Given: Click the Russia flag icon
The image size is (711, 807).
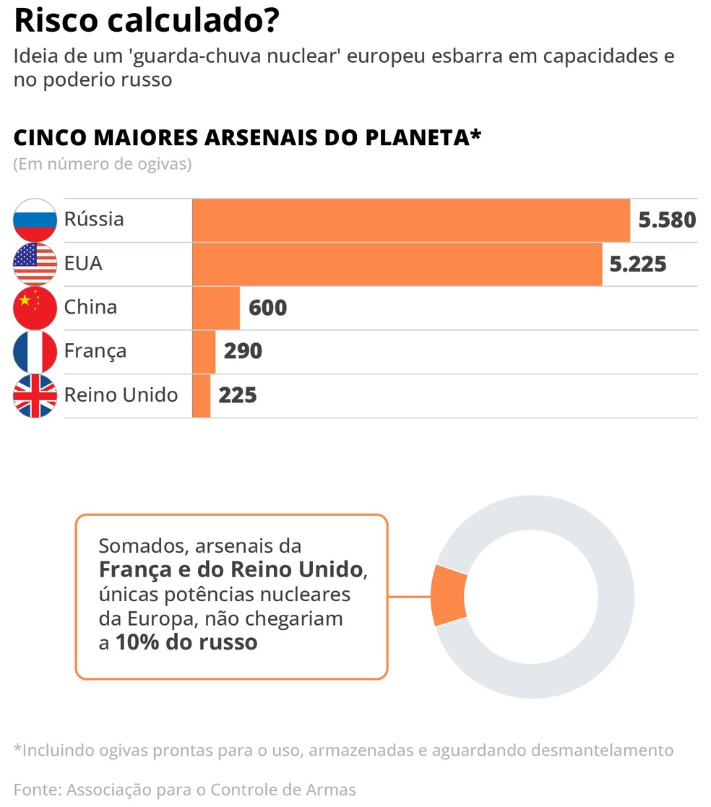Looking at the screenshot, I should pyautogui.click(x=35, y=220).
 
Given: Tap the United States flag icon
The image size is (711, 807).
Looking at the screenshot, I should pyautogui.click(x=35, y=264).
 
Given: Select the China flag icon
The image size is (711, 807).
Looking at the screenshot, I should pyautogui.click(x=35, y=308).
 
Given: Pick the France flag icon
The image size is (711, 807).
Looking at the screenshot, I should pyautogui.click(x=35, y=352).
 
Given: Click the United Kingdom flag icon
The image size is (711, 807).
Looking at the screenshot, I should pyautogui.click(x=35, y=396).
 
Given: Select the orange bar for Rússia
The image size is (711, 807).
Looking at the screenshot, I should pyautogui.click(x=410, y=220).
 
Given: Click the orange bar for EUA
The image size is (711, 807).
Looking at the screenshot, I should pyautogui.click(x=397, y=264).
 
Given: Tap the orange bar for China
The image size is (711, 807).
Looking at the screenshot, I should pyautogui.click(x=215, y=308).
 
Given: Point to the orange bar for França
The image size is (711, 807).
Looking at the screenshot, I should pyautogui.click(x=204, y=352).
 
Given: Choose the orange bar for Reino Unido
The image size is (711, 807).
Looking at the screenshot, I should pyautogui.click(x=201, y=396).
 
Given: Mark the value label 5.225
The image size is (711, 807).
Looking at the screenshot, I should pyautogui.click(x=638, y=264).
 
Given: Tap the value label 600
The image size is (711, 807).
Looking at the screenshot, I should pyautogui.click(x=267, y=308).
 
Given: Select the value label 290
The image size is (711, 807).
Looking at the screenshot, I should pyautogui.click(x=243, y=352).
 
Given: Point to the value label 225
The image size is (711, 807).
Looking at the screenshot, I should pyautogui.click(x=238, y=396).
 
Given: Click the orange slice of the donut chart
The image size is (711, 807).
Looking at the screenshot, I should pyautogui.click(x=448, y=596).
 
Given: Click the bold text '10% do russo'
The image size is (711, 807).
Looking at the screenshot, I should pyautogui.click(x=186, y=642).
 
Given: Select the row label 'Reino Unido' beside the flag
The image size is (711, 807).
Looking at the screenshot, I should pyautogui.click(x=121, y=395).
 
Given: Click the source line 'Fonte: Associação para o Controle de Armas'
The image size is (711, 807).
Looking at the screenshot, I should pyautogui.click(x=184, y=790).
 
